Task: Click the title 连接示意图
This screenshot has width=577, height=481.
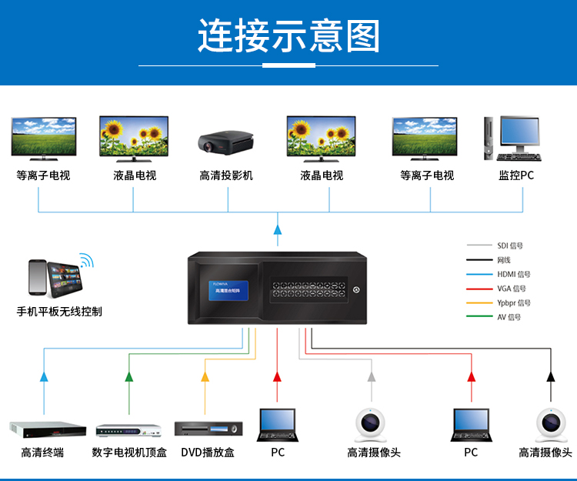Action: coord(288,37)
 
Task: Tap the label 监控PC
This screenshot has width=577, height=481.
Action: coord(515,175)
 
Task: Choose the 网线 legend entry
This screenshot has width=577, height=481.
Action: coord(504,260)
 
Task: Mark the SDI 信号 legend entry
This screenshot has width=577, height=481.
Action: coord(510,246)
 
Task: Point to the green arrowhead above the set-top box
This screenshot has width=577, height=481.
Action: coord(128,377)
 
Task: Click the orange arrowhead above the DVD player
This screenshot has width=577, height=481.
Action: coord(205,377)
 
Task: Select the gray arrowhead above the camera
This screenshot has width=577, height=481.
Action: coord(372,377)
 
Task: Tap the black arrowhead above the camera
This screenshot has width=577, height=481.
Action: coord(551,377)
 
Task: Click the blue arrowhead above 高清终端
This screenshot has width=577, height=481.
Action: coord(44,377)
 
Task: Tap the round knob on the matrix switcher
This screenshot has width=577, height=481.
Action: coord(356,290)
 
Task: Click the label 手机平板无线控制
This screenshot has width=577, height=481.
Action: coord(59,312)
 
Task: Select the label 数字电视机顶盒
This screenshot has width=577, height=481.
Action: coord(129,453)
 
